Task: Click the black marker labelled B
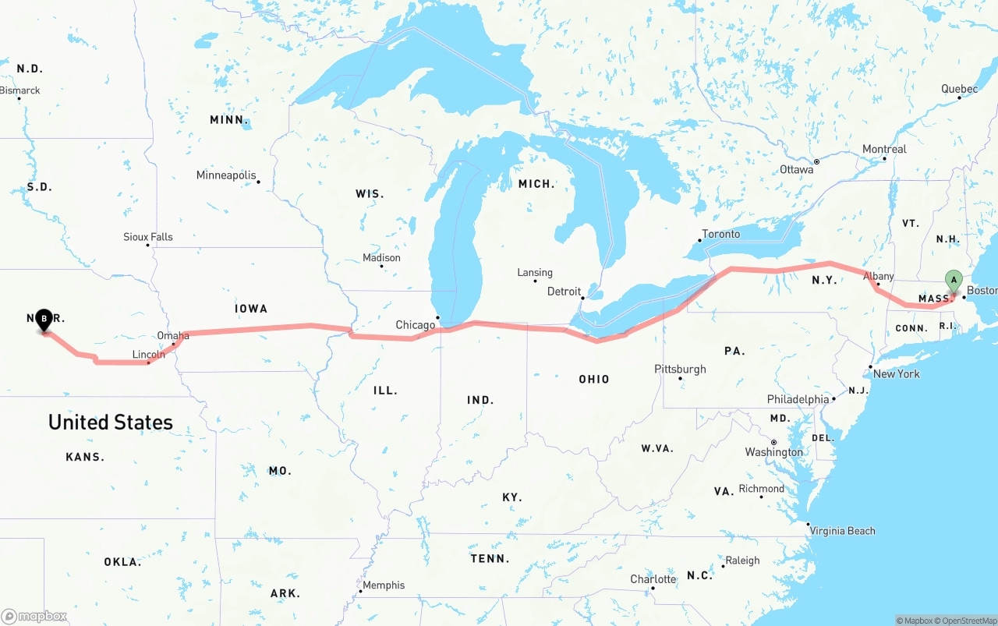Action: coord(44,318)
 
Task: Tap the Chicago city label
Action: coord(416,325)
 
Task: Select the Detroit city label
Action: coord(564,292)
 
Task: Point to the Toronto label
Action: coord(721,234)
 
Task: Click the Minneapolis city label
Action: coord(226,175)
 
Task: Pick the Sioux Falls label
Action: coord(148,237)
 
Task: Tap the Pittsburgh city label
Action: coord(680,369)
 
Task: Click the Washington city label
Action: coord(773,452)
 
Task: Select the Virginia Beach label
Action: coord(842,531)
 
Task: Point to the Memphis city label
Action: coord(384,585)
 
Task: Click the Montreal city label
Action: coord(884,149)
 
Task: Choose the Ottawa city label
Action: coord(797,169)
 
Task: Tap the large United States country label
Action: coord(111,422)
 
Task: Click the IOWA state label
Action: coord(251,309)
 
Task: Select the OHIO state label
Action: coord(594,379)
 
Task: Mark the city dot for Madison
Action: coord(381,267)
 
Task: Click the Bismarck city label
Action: coord(20,90)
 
